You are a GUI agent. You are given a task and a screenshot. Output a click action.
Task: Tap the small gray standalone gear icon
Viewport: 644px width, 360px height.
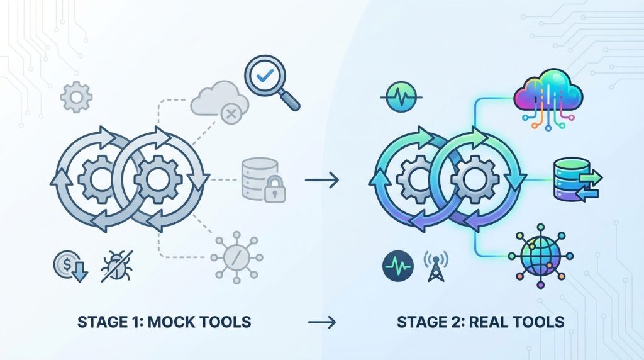click(76, 98)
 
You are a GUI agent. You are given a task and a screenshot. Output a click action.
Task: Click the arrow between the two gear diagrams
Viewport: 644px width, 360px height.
click(322, 181)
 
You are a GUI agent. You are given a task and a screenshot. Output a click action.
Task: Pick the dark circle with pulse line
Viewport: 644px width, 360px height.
click(398, 265)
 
